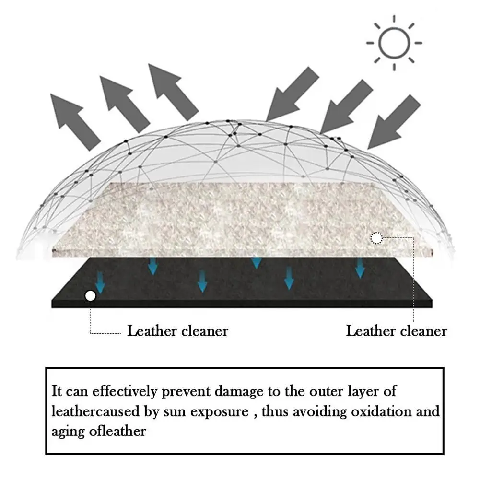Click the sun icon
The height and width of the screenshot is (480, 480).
click(x=394, y=43)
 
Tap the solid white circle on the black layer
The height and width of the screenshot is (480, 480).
click(x=90, y=296)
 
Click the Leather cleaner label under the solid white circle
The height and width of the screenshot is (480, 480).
click(x=177, y=331)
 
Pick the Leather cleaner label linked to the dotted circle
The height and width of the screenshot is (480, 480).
click(x=397, y=331)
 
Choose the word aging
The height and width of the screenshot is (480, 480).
click(x=69, y=432)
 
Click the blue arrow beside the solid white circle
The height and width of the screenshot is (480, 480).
click(x=100, y=283)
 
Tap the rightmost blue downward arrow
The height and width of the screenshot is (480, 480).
click(x=360, y=268)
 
